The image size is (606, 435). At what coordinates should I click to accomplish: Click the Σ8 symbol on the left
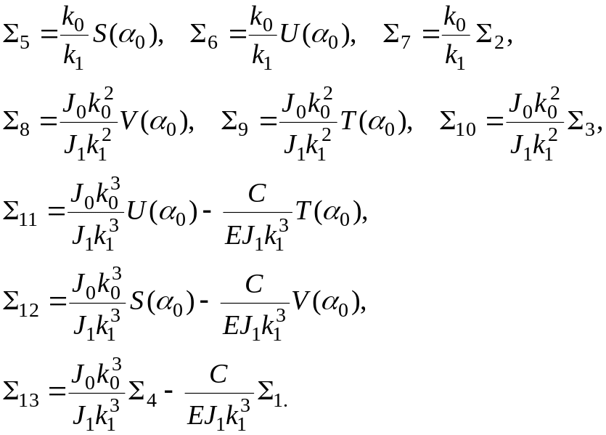(16, 121)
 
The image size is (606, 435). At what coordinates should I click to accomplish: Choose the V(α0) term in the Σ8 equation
(155, 121)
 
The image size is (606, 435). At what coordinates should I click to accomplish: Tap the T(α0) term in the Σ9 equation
(374, 121)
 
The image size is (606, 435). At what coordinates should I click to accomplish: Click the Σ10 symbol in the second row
(458, 121)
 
